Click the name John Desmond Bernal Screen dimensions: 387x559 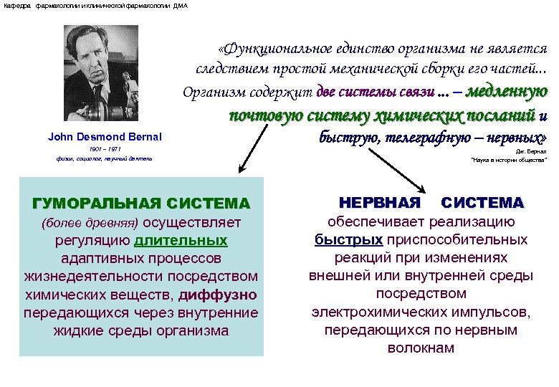point(105,137)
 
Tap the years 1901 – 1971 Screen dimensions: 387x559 point(105,148)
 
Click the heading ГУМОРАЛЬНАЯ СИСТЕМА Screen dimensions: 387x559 point(141,204)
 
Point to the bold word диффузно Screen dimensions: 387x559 point(218,295)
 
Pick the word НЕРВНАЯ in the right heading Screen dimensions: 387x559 point(379,203)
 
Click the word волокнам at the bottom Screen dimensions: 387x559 point(421,348)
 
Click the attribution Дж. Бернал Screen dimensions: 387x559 point(531,152)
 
